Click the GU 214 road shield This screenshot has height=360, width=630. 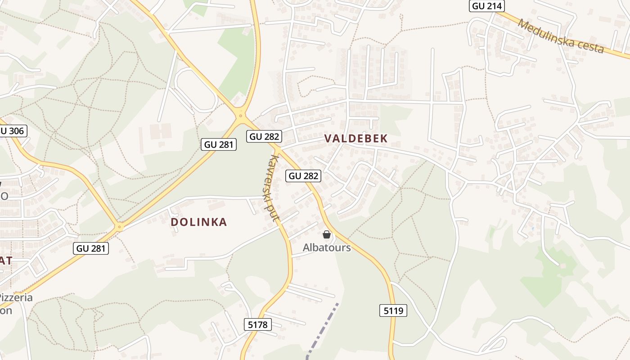[486, 6]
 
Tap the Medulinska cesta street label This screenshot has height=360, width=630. [561, 36]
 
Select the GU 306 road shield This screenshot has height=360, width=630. [13, 131]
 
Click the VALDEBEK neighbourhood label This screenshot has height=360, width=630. [356, 139]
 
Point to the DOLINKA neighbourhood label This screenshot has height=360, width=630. [199, 222]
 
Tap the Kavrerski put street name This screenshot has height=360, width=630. [274, 188]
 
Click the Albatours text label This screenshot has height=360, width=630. [327, 247]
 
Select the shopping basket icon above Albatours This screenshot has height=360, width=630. [327, 234]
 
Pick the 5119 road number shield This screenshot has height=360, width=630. [393, 310]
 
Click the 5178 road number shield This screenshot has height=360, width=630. [258, 324]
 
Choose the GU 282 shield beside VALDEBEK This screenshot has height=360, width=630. [264, 136]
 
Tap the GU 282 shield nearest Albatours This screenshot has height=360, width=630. [303, 176]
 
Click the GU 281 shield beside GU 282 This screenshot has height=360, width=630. [218, 144]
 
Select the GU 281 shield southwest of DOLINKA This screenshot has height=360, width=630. [91, 248]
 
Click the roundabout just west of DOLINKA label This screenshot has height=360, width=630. [119, 227]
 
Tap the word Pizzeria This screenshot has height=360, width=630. [16, 297]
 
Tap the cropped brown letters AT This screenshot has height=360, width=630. [6, 261]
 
